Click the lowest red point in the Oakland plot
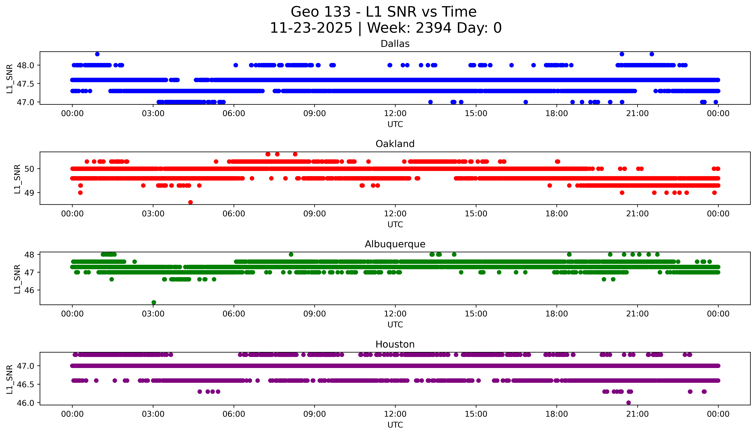tap(190, 202)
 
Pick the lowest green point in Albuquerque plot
tap(154, 302)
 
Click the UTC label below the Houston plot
tap(395, 425)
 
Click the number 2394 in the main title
tap(433, 28)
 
